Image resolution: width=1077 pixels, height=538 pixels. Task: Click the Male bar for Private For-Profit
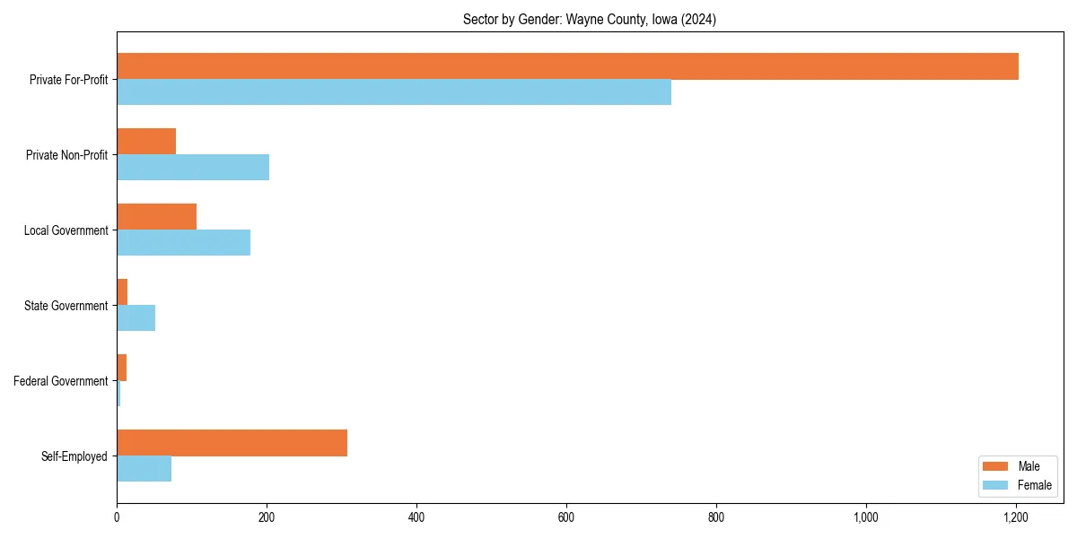pos(567,66)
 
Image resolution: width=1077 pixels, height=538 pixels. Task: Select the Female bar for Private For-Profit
pos(394,92)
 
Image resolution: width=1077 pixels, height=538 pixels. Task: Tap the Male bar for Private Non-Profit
pos(146,142)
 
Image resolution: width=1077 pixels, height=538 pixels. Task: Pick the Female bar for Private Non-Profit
pos(193,168)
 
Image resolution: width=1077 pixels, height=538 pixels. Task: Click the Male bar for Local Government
pos(156,217)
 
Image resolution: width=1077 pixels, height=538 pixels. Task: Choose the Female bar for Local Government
pos(183,243)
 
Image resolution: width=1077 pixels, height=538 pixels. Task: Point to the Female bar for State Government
pos(136,318)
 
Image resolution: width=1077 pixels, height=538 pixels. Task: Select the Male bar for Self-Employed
pos(232,443)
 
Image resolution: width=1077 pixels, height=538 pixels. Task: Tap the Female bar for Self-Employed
pos(144,469)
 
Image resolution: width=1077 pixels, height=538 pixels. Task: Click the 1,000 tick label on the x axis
pos(865,517)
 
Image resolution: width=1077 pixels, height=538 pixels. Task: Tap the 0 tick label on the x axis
pos(117,517)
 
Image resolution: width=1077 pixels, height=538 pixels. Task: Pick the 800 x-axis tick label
pos(716,517)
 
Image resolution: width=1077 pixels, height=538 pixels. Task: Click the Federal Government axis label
pos(61,381)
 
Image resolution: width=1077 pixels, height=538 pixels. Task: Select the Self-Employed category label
pos(74,456)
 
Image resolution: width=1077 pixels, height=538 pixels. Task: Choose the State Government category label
pos(66,306)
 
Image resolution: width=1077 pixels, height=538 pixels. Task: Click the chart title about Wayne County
pos(590,19)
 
